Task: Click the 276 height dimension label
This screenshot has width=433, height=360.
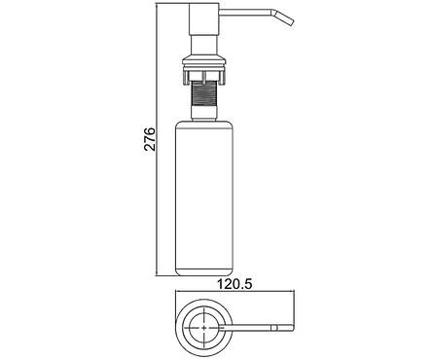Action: click(150, 139)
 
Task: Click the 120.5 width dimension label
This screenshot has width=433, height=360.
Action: click(235, 284)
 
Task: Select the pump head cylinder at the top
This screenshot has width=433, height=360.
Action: click(203, 18)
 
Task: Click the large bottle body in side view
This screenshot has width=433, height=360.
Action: click(204, 198)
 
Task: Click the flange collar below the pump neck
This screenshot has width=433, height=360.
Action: click(203, 63)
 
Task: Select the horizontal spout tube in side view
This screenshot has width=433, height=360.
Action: click(245, 13)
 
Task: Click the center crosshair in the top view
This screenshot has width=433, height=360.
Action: click(203, 327)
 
